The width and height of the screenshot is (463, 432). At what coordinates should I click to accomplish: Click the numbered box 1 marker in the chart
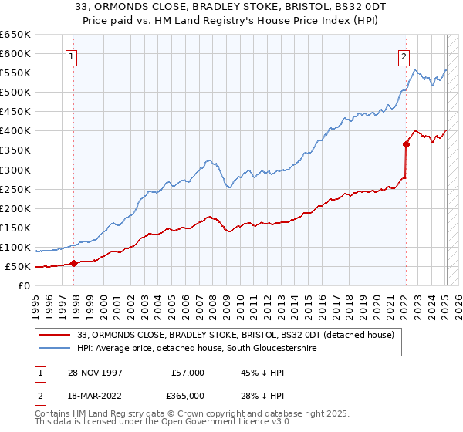click(x=71, y=56)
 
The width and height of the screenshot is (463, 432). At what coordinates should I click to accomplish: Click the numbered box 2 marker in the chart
click(x=404, y=56)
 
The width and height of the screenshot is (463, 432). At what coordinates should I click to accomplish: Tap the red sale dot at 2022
click(x=406, y=143)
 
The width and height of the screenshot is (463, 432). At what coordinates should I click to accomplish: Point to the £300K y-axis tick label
click(x=15, y=170)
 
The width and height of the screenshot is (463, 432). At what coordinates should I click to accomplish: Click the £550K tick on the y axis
click(x=15, y=73)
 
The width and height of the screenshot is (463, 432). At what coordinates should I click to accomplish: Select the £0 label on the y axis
click(x=24, y=286)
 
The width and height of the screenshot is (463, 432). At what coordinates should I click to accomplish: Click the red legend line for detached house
click(x=55, y=335)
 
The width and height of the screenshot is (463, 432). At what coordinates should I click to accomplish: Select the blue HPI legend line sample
click(x=55, y=349)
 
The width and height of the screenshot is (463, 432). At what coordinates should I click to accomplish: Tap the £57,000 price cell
click(x=187, y=373)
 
